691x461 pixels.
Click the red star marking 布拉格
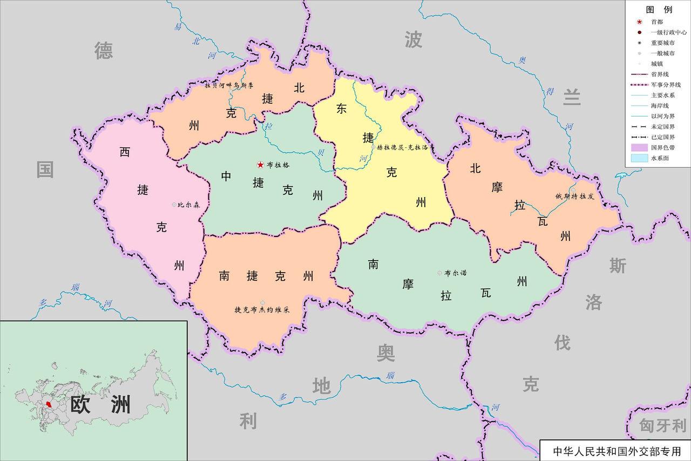tap(260, 165)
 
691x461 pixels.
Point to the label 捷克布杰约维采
tap(262, 310)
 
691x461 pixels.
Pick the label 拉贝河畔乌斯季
tap(229, 85)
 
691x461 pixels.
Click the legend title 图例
tap(659, 10)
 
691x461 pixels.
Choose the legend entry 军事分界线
tap(665, 85)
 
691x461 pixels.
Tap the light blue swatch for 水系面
tap(639, 158)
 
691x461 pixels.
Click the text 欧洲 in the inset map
tap(101, 404)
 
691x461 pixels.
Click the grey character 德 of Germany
tap(104, 51)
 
